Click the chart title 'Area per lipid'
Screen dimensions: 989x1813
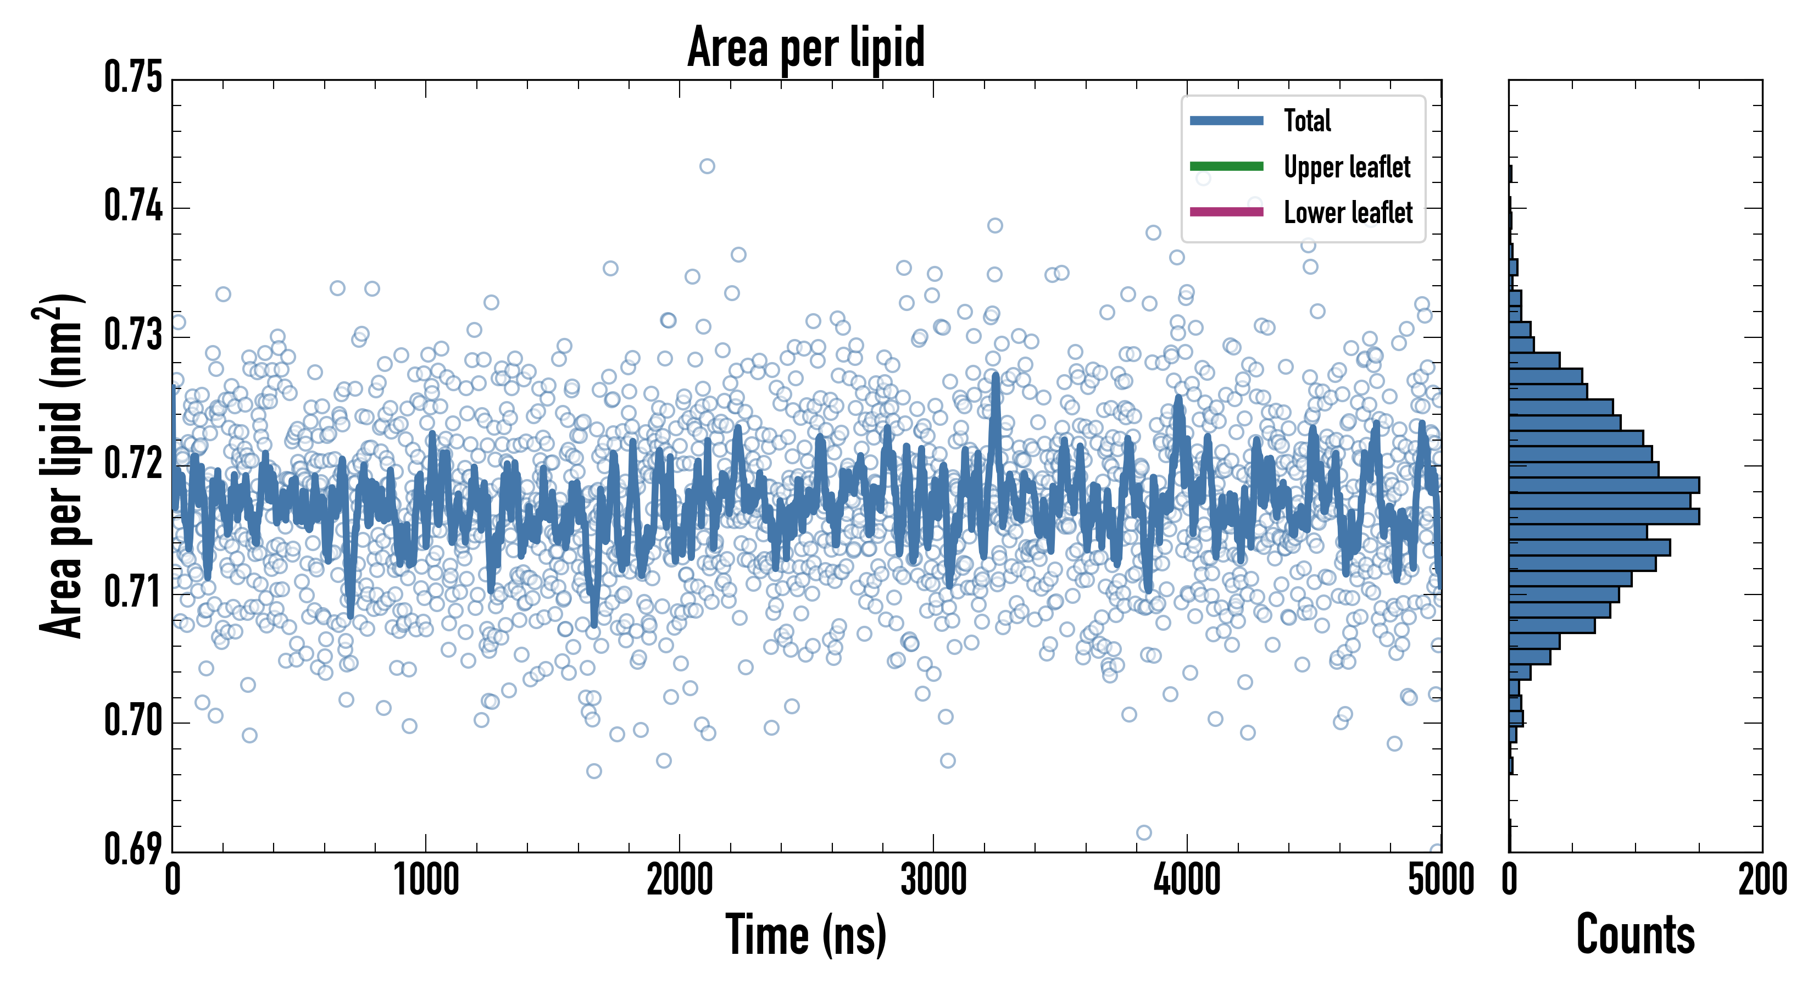point(806,47)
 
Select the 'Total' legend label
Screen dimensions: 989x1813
point(1307,120)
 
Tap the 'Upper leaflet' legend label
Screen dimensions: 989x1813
point(1347,167)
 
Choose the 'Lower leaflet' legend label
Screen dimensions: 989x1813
point(1348,212)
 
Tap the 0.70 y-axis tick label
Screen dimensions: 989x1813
point(133,721)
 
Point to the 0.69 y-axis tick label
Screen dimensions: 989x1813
point(133,849)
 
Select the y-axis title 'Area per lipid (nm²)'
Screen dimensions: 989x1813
point(60,466)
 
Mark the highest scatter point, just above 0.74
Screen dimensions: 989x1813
point(707,166)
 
